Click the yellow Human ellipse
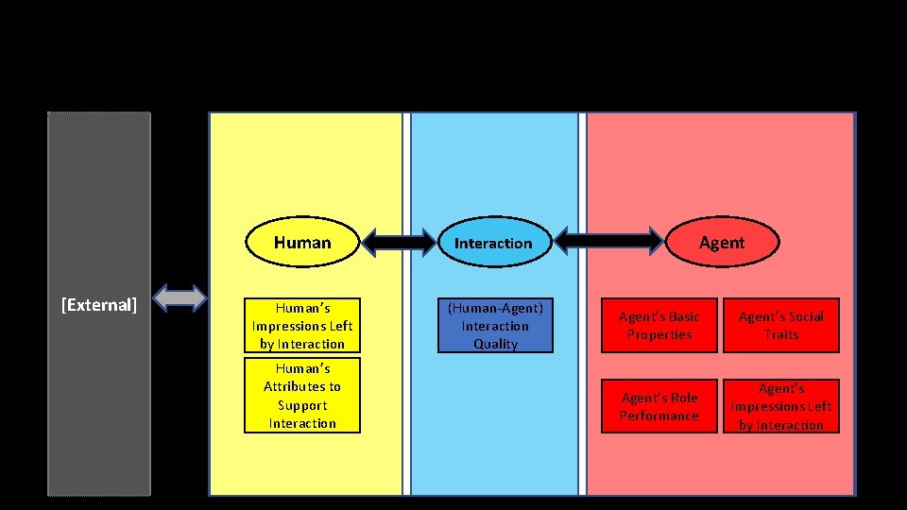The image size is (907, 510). (302, 243)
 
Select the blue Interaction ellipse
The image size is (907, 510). (493, 243)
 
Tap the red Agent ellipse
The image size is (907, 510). (721, 243)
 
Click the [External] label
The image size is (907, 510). (99, 304)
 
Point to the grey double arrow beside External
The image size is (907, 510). (180, 298)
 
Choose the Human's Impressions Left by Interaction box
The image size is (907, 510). (302, 326)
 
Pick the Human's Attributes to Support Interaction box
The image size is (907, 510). (302, 396)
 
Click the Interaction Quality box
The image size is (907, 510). (495, 326)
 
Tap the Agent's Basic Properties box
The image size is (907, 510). (659, 326)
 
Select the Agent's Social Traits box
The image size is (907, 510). (781, 326)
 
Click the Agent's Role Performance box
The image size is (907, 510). (659, 407)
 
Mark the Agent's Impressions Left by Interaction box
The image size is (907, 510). (781, 407)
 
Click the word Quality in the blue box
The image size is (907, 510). (495, 345)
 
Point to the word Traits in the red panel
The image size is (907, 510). (781, 335)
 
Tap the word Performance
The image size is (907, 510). (659, 416)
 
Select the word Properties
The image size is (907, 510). (659, 335)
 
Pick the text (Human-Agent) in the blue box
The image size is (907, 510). (495, 308)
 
